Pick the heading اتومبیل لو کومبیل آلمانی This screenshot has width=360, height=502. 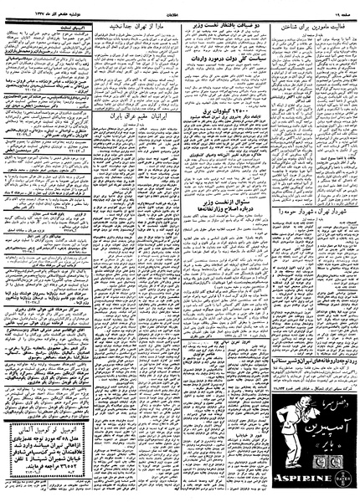point(54,431)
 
